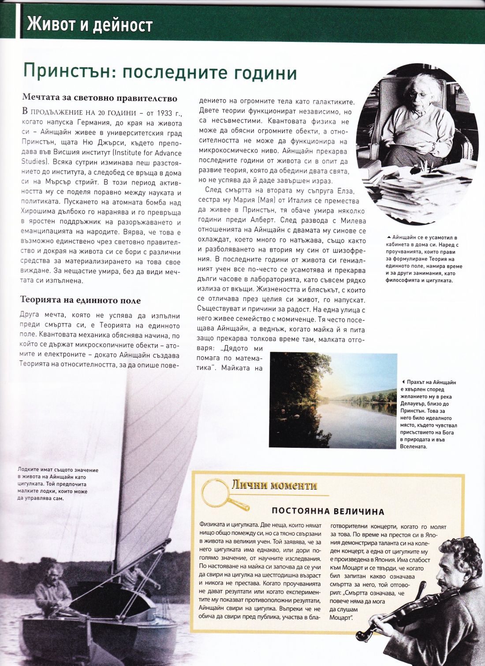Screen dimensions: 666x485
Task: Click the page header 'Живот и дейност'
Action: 90,25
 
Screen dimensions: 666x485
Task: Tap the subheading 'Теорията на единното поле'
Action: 81,301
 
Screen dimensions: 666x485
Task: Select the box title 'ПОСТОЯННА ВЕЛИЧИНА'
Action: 328,512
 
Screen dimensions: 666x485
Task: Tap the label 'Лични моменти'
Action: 274,486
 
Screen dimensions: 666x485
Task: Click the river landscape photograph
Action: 332,400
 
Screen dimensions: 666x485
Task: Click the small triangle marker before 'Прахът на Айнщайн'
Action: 403,382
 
